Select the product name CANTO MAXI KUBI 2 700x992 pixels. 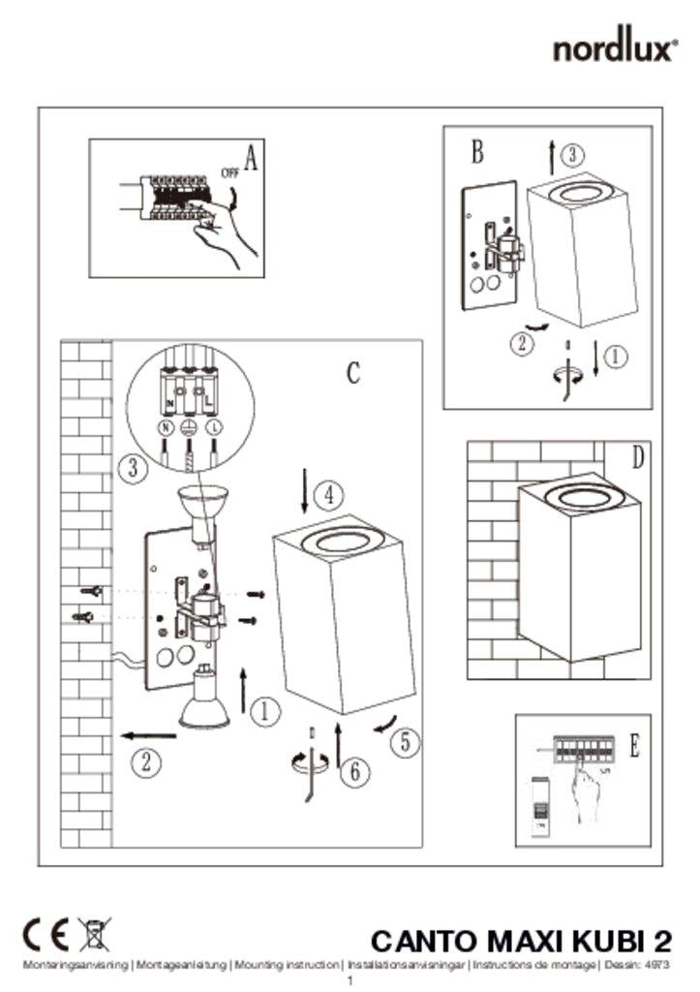[x=521, y=941]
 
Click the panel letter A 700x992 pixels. [x=251, y=159]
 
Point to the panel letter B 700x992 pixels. [x=477, y=151]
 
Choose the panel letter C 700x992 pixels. [x=354, y=372]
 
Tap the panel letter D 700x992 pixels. [x=637, y=457]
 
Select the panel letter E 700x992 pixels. [x=634, y=745]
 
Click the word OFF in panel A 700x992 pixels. [x=228, y=173]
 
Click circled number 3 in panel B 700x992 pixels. [x=573, y=154]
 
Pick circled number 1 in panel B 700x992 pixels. [x=616, y=356]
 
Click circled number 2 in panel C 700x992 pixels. [x=144, y=761]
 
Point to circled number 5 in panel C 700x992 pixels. [x=406, y=742]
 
